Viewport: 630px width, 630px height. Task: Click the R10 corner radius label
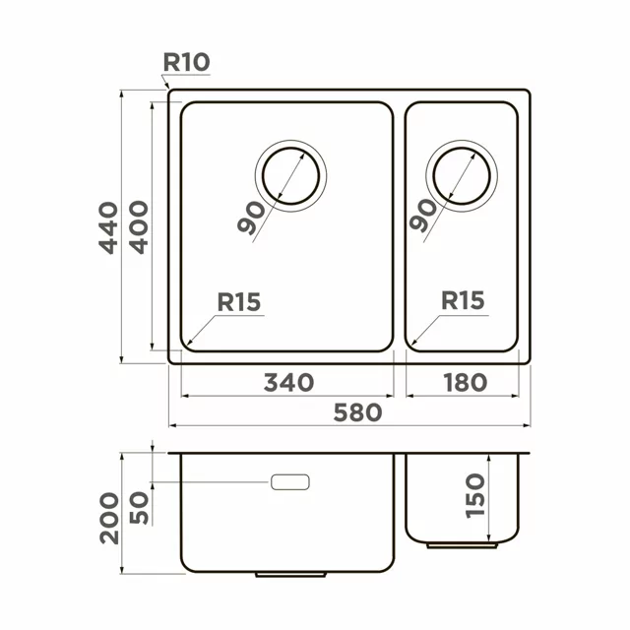tap(186, 62)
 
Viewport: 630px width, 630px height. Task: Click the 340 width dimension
tap(288, 382)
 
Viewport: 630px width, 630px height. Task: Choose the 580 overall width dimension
tap(355, 412)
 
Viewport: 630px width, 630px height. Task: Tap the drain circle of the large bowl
tap(290, 178)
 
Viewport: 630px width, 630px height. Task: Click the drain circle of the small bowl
tap(461, 178)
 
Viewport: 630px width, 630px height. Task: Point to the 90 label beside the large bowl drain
tap(252, 217)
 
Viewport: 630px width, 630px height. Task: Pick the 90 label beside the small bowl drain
tap(423, 217)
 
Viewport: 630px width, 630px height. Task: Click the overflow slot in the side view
tap(290, 481)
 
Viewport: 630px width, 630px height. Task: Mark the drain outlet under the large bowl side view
tap(284, 573)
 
